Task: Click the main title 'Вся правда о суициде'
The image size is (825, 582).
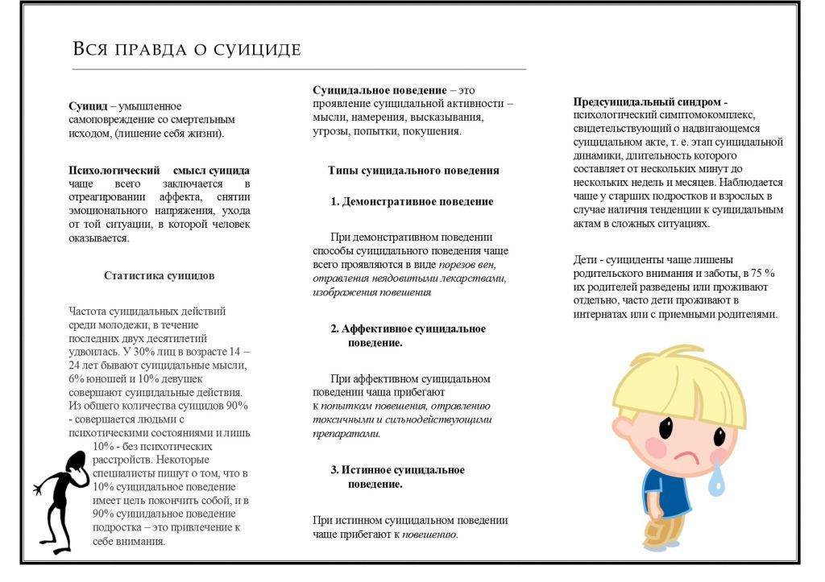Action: [187, 49]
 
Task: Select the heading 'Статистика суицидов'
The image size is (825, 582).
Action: [160, 275]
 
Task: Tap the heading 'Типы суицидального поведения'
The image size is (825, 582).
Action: [413, 171]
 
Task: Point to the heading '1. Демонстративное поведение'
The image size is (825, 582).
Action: [412, 202]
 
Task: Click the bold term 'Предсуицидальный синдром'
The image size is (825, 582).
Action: [649, 102]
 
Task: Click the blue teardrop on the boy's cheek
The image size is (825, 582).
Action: [716, 479]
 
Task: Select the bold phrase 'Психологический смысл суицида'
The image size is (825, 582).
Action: [160, 171]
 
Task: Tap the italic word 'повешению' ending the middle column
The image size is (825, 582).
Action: [429, 535]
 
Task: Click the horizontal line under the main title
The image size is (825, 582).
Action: [299, 70]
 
